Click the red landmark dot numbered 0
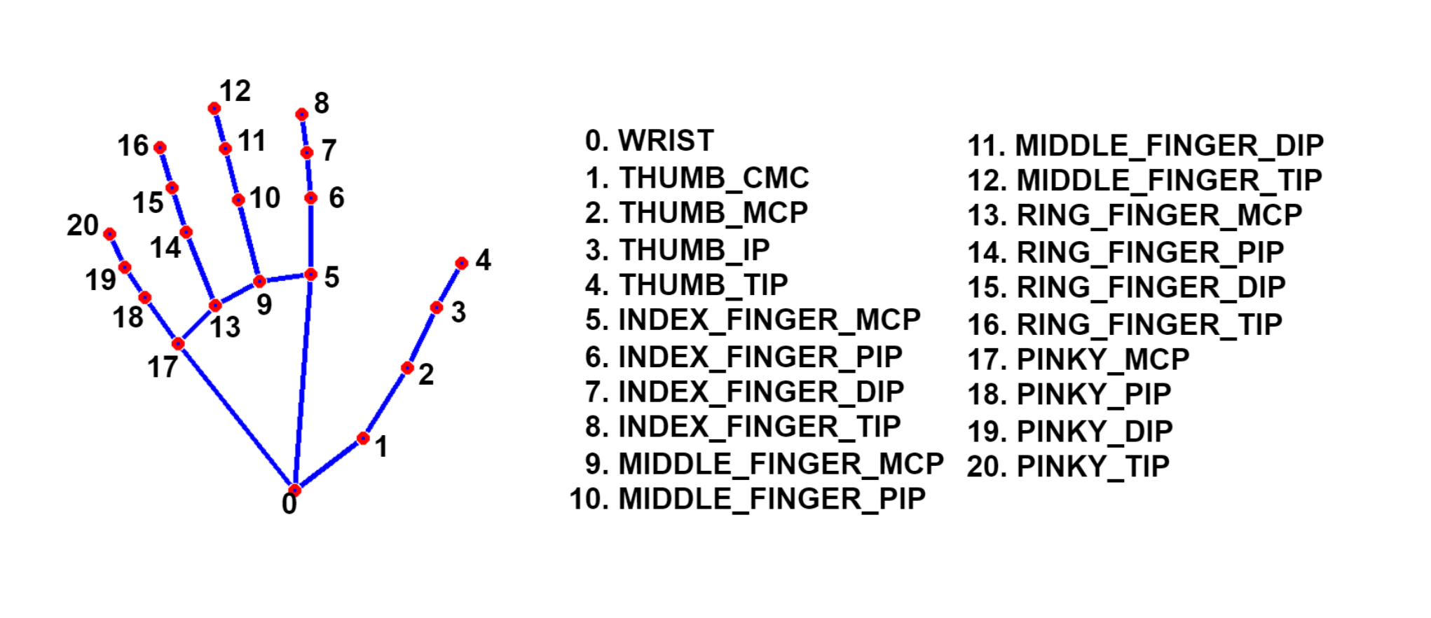tap(295, 489)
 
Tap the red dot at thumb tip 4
tap(461, 263)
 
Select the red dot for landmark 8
tap(301, 114)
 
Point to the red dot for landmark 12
tap(214, 108)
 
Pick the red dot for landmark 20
tap(109, 233)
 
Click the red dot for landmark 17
tap(178, 343)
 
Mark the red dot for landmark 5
tap(311, 274)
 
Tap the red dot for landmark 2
tap(407, 368)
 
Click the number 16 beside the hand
tap(132, 146)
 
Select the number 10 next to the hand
tap(265, 198)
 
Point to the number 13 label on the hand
tap(225, 327)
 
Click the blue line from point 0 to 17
tap(236, 416)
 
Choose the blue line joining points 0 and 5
tap(303, 382)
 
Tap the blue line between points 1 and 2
tap(385, 403)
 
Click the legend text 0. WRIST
tap(649, 141)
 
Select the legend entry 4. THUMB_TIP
tap(687, 285)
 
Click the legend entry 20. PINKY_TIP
tap(1068, 467)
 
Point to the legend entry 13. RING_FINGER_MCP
tap(1135, 215)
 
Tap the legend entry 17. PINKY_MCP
tap(1079, 359)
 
